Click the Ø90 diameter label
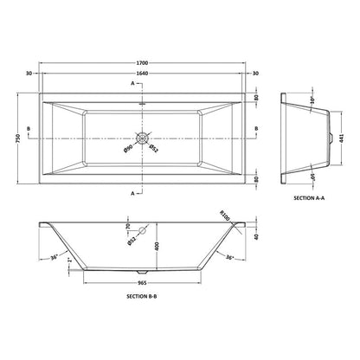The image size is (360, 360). pos(126,150)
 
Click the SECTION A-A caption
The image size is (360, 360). pos(310,198)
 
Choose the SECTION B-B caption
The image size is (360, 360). pos(140,297)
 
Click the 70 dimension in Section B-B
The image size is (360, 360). pos(128,229)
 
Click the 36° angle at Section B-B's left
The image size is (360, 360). pos(53,257)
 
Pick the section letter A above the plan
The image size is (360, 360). pos(132,83)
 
